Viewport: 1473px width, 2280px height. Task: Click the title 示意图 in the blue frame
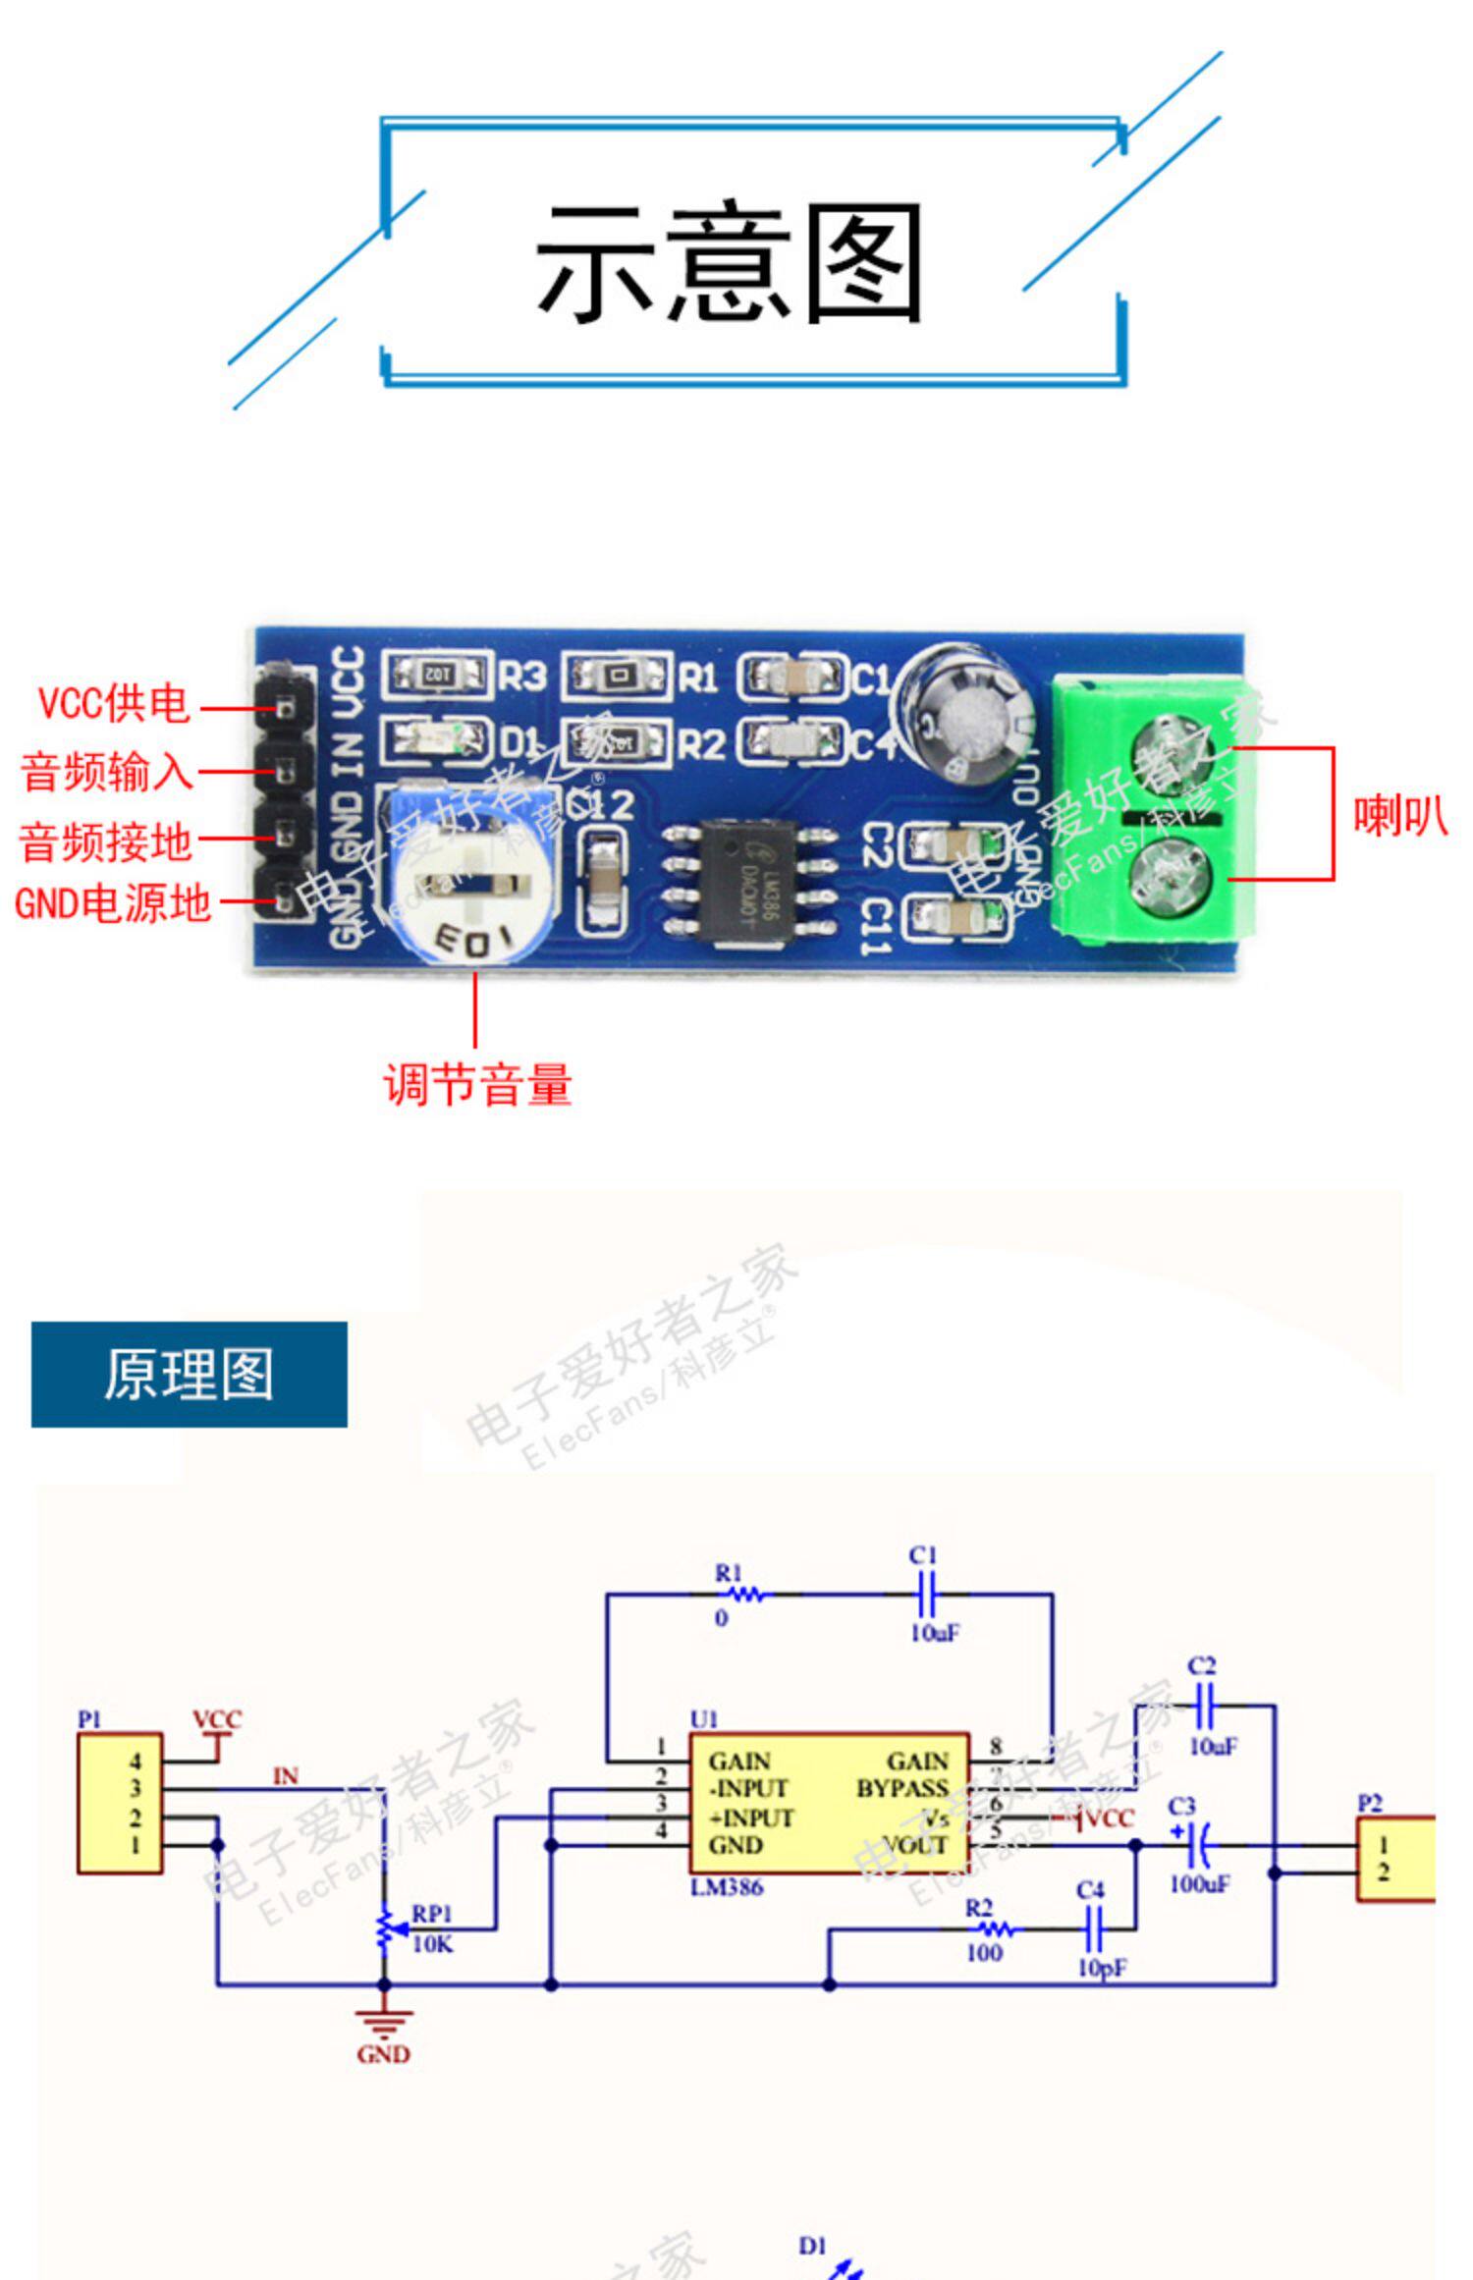[x=729, y=262]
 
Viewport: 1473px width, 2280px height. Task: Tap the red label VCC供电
[x=113, y=703]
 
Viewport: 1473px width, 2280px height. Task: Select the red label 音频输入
[x=106, y=772]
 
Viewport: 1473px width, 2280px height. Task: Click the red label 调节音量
[x=477, y=1085]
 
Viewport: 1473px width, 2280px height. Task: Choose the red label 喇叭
[x=1399, y=815]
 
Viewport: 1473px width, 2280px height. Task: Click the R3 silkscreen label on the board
[x=521, y=677]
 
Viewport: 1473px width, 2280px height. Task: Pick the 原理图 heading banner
[x=189, y=1374]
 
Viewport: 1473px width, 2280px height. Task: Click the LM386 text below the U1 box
[x=727, y=1886]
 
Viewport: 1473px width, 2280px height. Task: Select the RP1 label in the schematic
[x=431, y=1914]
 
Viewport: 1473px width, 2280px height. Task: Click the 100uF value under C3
[x=1199, y=1883]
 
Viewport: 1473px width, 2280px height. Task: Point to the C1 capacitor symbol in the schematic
[x=926, y=1594]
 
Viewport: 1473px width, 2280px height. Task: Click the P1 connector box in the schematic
[x=120, y=1803]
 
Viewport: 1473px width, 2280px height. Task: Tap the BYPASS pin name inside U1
[x=901, y=1788]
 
